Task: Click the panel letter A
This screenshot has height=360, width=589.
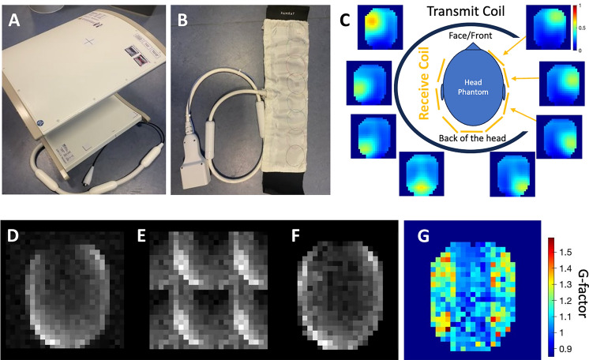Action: (x=15, y=21)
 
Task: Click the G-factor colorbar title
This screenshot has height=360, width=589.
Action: (x=580, y=288)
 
